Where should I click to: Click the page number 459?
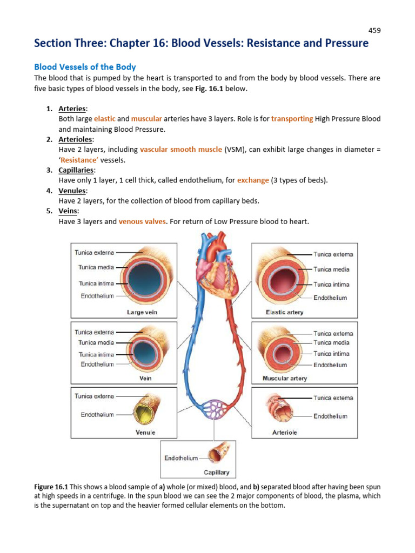point(374,31)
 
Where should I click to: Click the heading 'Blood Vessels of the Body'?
point(85,67)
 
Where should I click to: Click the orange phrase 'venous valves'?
point(143,221)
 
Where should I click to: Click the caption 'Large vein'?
point(142,312)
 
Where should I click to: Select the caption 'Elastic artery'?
point(284,312)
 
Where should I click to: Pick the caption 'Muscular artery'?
point(284,379)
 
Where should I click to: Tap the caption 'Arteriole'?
point(284,432)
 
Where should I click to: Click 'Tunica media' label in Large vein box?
point(96,267)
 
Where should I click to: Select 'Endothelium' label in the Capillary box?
point(181,458)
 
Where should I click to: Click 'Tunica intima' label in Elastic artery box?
point(331,284)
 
